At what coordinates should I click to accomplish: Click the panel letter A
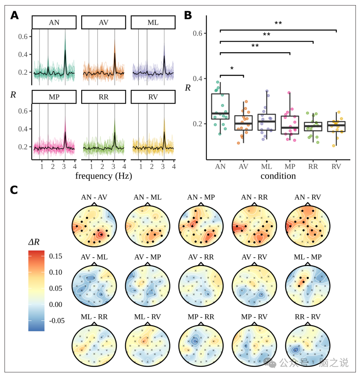(x=15, y=15)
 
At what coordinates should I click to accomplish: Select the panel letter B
(x=188, y=15)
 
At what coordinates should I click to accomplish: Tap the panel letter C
(x=14, y=190)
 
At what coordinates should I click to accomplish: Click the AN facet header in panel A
(x=54, y=22)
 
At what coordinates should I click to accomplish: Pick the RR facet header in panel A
(x=104, y=97)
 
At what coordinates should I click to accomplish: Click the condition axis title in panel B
(x=278, y=175)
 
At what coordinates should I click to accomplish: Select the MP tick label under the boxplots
(x=290, y=166)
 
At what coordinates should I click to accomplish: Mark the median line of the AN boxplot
(x=220, y=113)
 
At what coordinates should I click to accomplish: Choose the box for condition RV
(x=336, y=126)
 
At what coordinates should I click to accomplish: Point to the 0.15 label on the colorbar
(x=56, y=256)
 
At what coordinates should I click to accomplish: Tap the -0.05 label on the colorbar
(x=56, y=321)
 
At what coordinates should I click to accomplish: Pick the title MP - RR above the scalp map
(x=201, y=317)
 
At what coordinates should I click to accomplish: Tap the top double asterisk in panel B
(x=278, y=23)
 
